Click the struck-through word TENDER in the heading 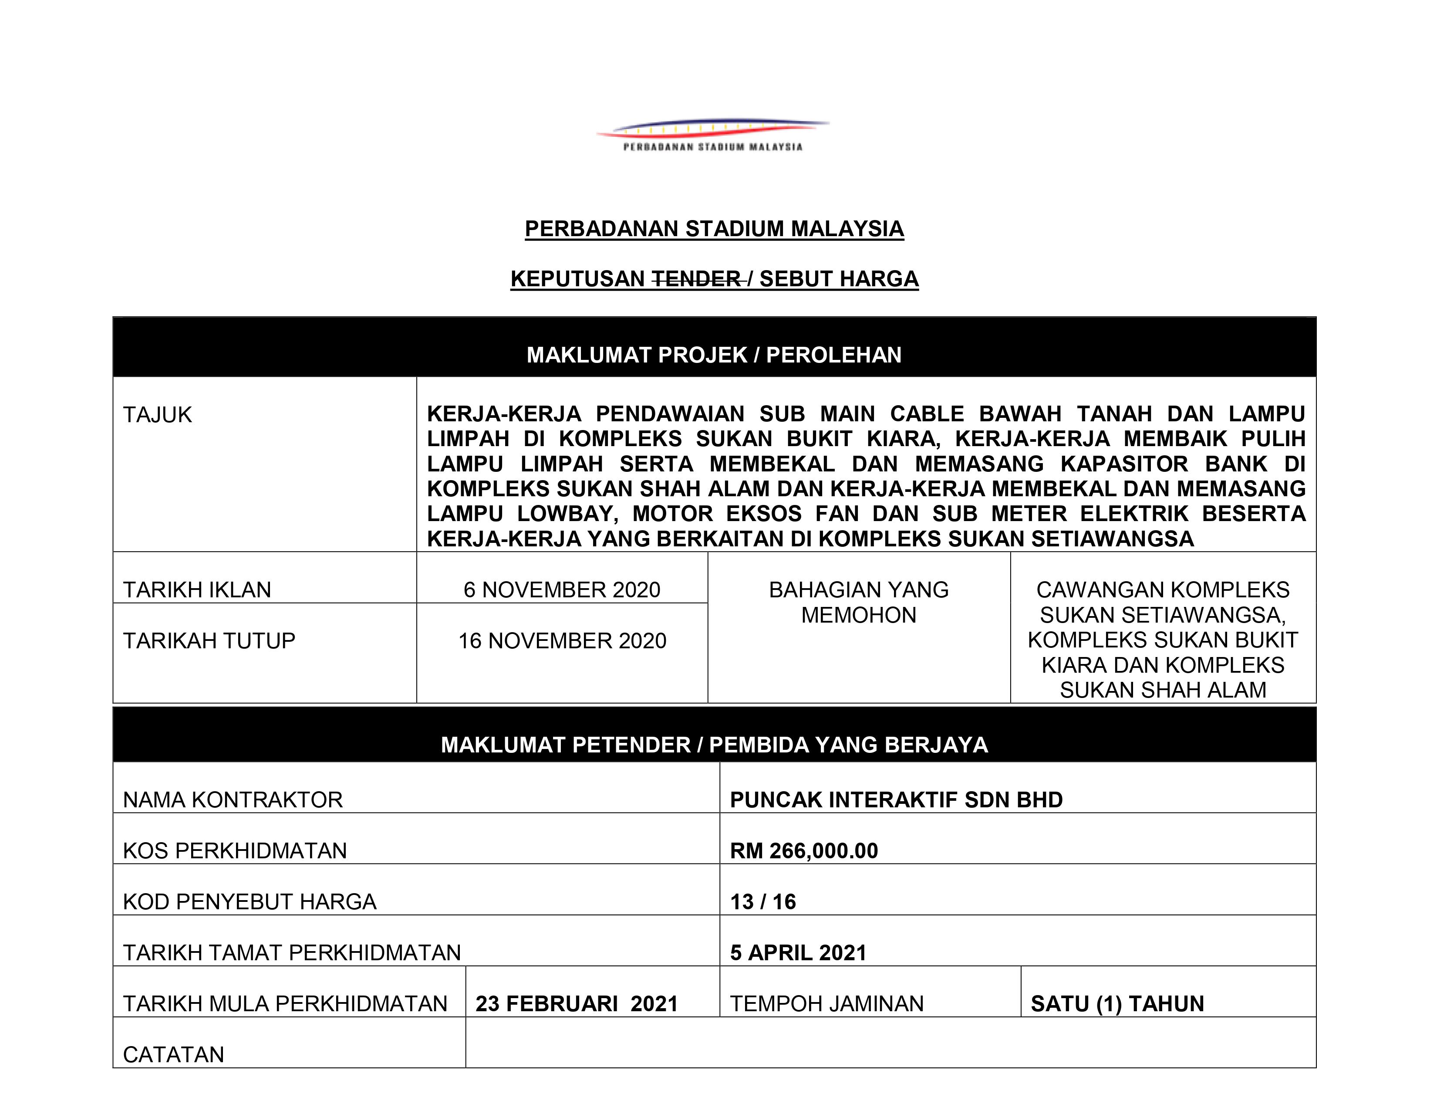click(696, 279)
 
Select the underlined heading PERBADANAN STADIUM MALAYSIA click(714, 229)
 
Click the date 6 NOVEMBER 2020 click(562, 590)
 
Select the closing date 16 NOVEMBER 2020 click(562, 640)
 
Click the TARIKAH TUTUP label click(209, 640)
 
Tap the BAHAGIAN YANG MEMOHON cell click(859, 602)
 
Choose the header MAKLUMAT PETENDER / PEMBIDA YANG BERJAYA click(714, 745)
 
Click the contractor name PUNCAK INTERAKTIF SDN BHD click(896, 799)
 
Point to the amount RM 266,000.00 click(804, 850)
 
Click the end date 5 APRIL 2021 click(798, 952)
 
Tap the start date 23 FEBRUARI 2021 click(577, 1004)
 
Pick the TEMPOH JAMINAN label click(826, 1004)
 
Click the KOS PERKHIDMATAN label click(235, 850)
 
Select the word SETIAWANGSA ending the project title click(1112, 539)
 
